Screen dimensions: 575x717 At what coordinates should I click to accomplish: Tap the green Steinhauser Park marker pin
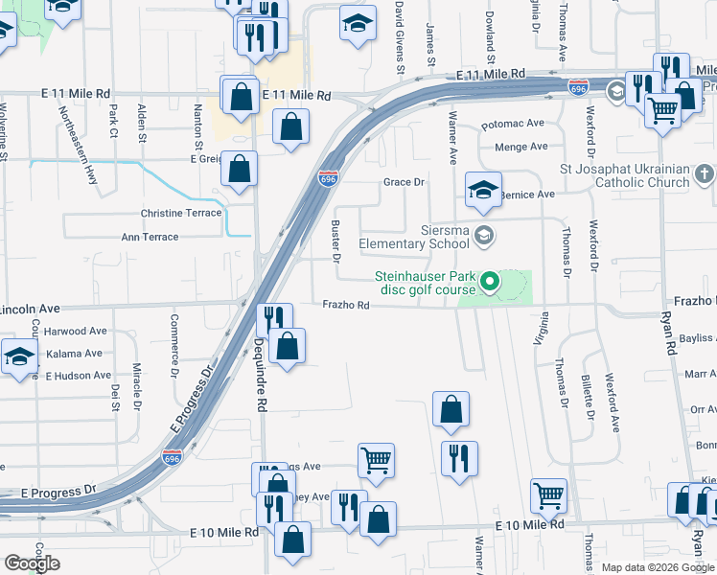coord(490,282)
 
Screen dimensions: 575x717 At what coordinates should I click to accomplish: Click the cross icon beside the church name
coord(705,174)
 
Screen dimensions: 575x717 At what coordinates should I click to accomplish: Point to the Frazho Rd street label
coord(346,305)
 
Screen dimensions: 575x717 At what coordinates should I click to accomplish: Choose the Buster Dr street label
coord(335,241)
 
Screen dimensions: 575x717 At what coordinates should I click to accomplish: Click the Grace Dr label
coord(404,182)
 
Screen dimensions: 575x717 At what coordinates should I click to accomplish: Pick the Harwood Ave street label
coord(76,332)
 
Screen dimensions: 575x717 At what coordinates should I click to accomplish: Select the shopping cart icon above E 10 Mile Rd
coord(548,495)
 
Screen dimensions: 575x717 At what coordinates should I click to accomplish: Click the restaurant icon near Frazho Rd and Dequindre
coord(275,317)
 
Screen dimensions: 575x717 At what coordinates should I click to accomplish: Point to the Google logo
coord(32,563)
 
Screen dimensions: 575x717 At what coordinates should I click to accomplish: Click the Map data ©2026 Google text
coord(658,567)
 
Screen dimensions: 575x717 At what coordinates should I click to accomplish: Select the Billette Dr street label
coord(587,392)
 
